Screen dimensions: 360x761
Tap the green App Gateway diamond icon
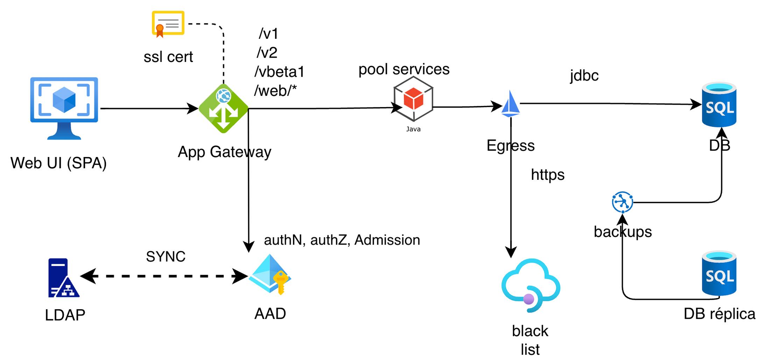point(224,108)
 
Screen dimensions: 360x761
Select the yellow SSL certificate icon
point(168,23)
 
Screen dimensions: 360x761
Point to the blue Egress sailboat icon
point(510,104)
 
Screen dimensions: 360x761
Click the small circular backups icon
point(622,202)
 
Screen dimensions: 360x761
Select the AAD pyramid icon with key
point(270,274)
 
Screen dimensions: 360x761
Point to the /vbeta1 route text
point(279,72)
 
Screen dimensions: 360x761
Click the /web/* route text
point(275,91)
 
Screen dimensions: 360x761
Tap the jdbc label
point(584,76)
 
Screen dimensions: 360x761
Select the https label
point(547,175)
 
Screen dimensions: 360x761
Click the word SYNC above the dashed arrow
point(166,257)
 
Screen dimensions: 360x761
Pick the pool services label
point(404,69)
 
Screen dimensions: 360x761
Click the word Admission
point(387,240)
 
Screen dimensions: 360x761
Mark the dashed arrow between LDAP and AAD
point(165,276)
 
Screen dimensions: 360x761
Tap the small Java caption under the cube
point(413,129)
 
